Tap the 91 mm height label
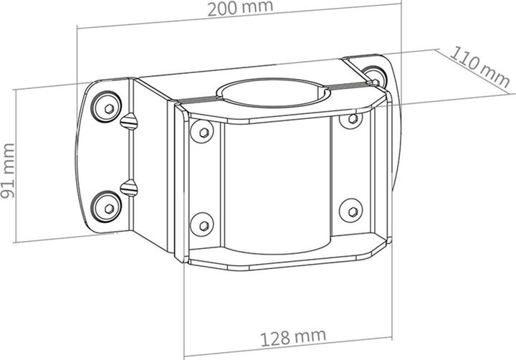click(x=9, y=181)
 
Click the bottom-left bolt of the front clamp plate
click(x=201, y=221)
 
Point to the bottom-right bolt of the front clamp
click(x=349, y=210)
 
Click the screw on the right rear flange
click(x=373, y=72)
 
